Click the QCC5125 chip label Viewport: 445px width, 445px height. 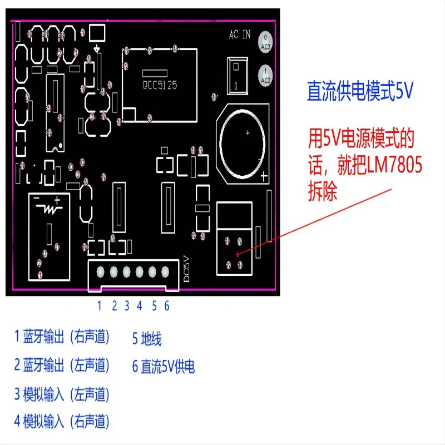point(160,86)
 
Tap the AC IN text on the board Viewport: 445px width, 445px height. point(240,34)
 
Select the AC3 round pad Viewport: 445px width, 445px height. point(266,44)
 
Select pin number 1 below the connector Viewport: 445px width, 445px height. point(100,305)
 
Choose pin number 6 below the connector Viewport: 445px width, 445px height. point(166,305)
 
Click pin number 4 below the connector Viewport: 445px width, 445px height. point(140,305)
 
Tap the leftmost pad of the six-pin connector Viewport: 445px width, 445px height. point(101,272)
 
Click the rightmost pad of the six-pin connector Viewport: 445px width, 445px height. point(165,272)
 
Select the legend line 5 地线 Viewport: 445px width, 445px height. point(147,338)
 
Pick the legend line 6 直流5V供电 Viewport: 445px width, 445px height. point(164,367)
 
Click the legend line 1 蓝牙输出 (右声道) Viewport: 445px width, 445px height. point(62,337)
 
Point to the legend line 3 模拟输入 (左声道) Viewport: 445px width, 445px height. point(62,394)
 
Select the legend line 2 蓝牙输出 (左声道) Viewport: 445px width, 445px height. point(62,365)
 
